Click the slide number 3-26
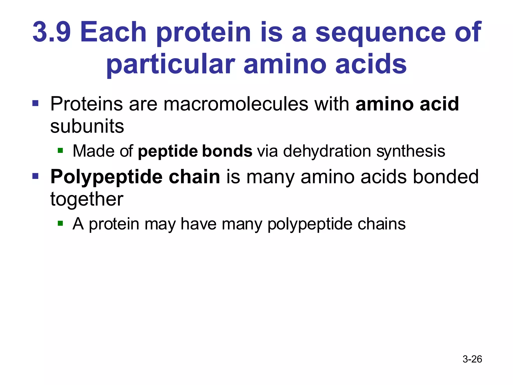[x=472, y=359]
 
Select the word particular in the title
[x=171, y=65]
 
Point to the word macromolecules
[x=235, y=104]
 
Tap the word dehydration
[x=327, y=151]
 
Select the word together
[x=87, y=200]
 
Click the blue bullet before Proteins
[x=35, y=103]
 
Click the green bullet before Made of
[x=60, y=150]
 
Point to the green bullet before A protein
[x=60, y=223]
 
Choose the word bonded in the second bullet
[x=445, y=177]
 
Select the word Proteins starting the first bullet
[x=86, y=104]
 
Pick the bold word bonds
[x=227, y=151]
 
